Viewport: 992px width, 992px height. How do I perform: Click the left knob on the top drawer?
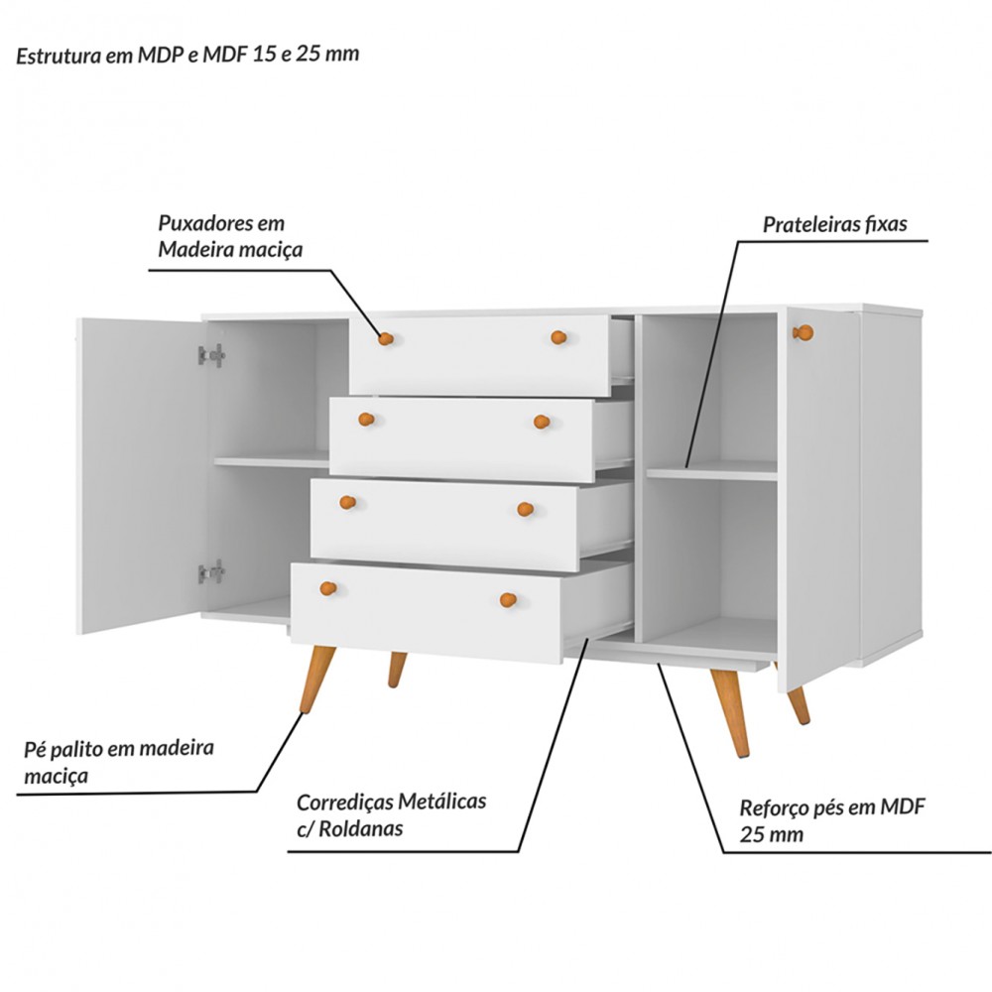click(386, 339)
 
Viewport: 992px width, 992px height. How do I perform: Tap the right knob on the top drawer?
click(558, 337)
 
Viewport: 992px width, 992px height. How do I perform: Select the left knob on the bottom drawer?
click(330, 589)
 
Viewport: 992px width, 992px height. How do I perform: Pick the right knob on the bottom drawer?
click(508, 599)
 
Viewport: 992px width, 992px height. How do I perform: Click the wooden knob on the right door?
click(803, 332)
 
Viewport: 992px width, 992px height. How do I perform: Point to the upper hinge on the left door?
click(211, 355)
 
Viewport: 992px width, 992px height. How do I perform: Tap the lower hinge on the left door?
click(211, 571)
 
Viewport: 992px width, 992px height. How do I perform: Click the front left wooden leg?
click(316, 680)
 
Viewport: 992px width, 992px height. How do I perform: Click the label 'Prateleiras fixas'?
click(834, 224)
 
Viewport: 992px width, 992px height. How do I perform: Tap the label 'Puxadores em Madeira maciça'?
click(229, 237)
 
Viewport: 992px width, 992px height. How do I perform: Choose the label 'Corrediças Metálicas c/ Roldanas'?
click(391, 814)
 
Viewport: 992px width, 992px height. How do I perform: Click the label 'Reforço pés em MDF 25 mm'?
click(831, 819)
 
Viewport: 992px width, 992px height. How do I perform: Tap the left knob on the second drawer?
click(366, 419)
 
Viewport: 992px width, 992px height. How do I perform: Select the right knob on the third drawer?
click(526, 510)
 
